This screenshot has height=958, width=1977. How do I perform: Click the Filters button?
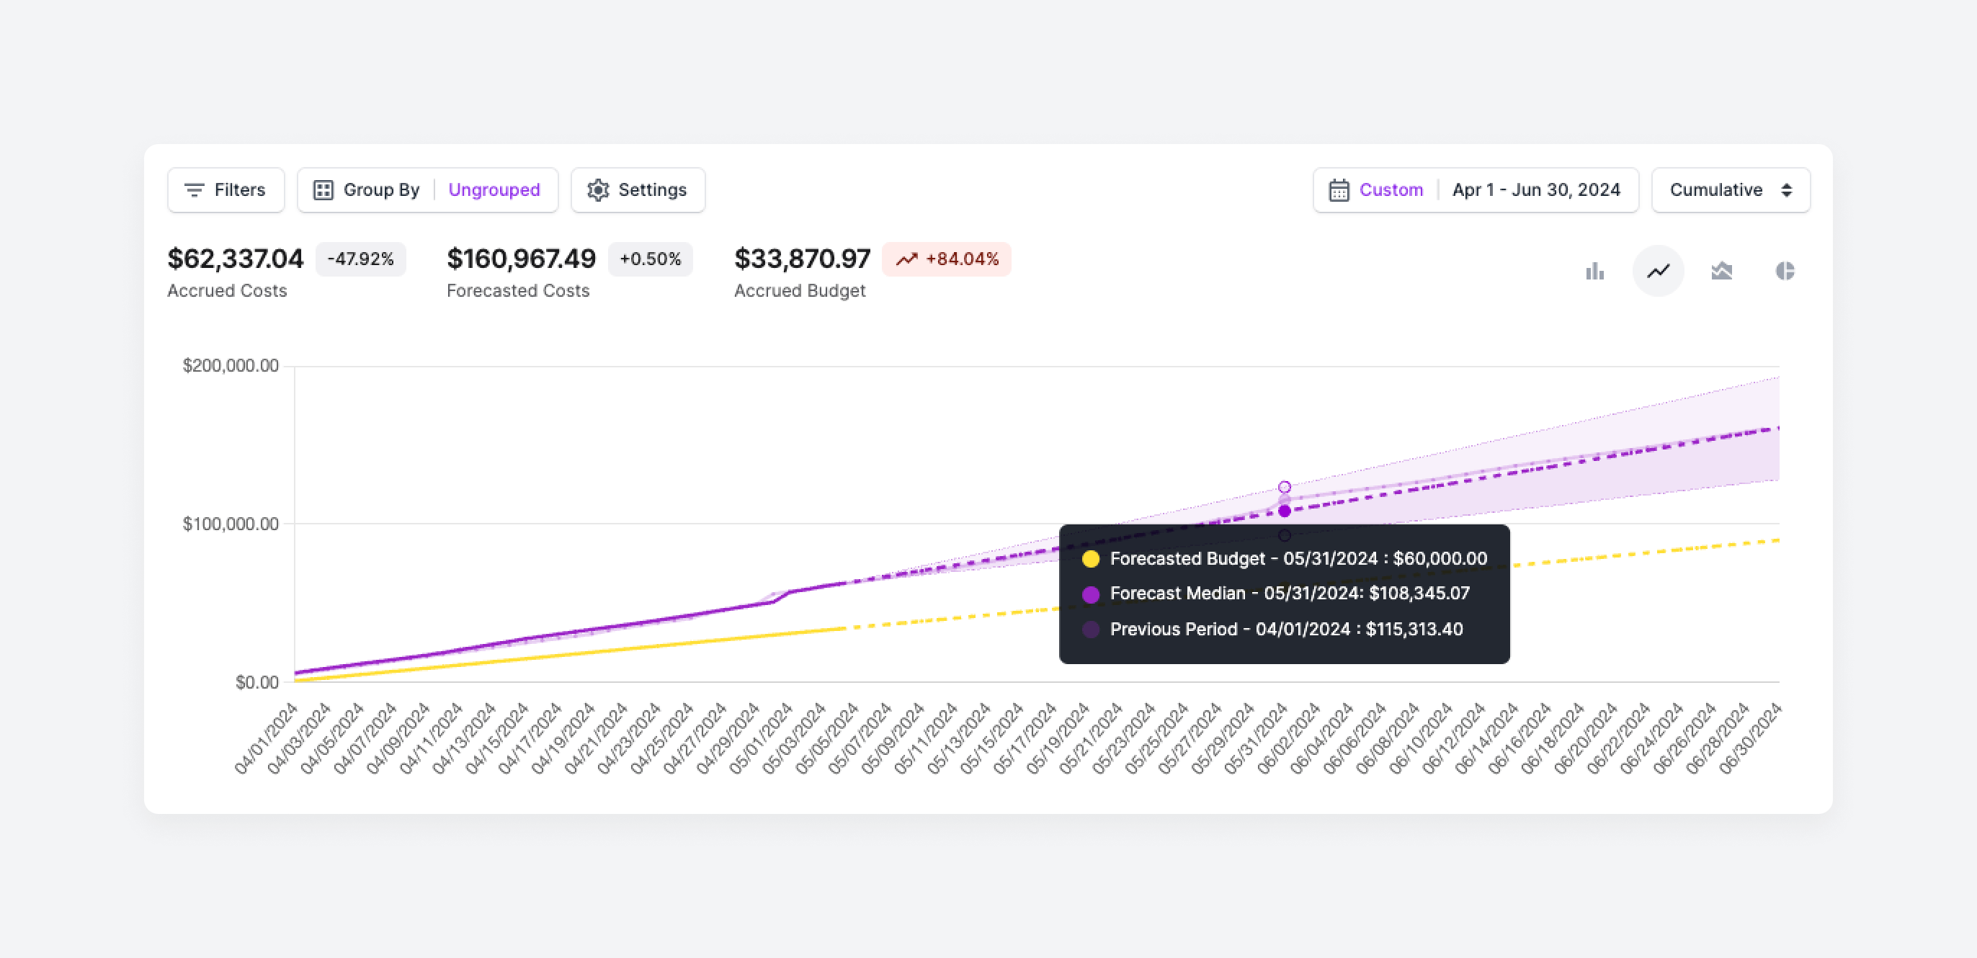coord(226,189)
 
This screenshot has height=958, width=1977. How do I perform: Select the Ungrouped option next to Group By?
coord(494,189)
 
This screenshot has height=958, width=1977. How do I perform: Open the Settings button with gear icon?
coord(637,189)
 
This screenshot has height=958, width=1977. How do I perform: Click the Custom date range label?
coord(1390,189)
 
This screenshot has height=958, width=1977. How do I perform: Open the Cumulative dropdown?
coord(1730,189)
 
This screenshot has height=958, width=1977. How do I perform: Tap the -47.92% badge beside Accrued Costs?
coord(360,259)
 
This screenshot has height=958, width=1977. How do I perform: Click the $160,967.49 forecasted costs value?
coord(520,259)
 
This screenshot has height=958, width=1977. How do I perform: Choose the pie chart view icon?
coord(1785,271)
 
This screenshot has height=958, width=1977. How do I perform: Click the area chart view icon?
coord(1721,271)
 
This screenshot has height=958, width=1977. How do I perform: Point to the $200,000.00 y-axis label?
coord(231,365)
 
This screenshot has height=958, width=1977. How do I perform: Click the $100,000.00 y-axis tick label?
coord(231,524)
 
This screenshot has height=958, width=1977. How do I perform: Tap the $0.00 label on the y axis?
coord(256,682)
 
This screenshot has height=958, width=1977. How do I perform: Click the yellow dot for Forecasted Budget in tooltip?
coord(1090,558)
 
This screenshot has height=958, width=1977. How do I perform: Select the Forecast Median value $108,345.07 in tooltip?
coord(1419,593)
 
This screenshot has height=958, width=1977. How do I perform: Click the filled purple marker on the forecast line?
coord(1284,511)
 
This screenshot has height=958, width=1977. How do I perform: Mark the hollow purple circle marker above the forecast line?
coord(1284,487)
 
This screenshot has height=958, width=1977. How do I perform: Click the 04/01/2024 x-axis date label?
coord(267,738)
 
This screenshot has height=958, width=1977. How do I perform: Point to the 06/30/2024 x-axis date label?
coord(1751,738)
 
